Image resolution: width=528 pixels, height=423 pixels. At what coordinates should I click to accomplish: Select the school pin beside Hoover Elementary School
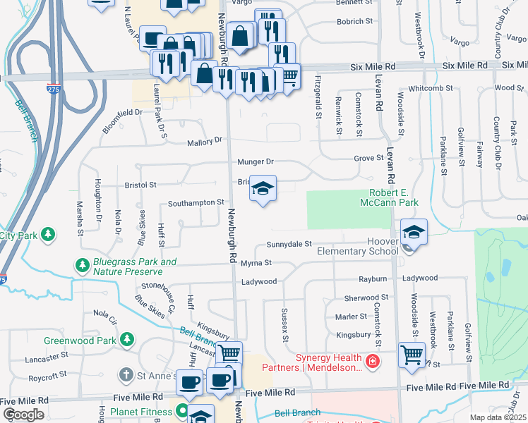pyautogui.click(x=414, y=233)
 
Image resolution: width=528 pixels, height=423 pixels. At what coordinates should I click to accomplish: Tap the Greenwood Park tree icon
pyautogui.click(x=127, y=341)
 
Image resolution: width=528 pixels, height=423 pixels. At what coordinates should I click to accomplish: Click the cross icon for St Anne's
pyautogui.click(x=126, y=375)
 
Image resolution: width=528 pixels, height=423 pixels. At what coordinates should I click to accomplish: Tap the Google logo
pyautogui.click(x=23, y=415)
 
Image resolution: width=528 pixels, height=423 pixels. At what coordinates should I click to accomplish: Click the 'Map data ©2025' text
pyautogui.click(x=498, y=417)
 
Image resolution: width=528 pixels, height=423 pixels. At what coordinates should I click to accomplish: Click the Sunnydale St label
pyautogui.click(x=289, y=244)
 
